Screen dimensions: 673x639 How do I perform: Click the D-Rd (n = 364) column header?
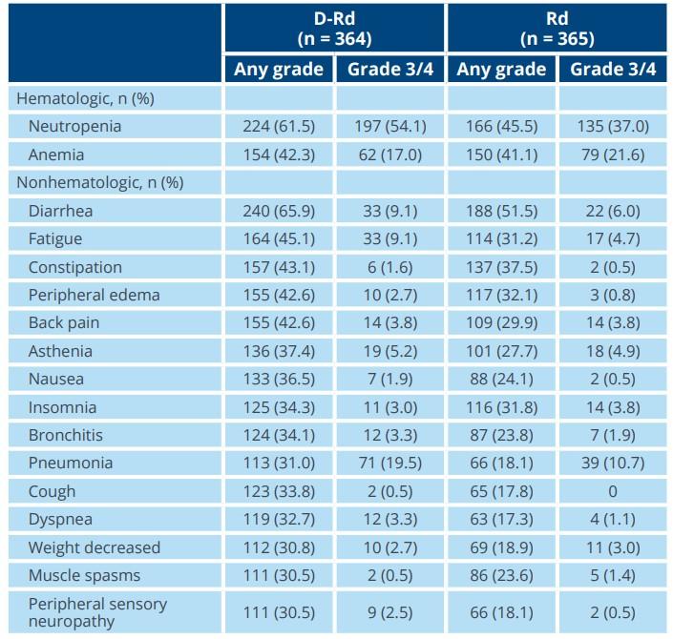click(x=334, y=29)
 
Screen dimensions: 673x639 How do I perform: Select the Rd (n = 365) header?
click(x=557, y=29)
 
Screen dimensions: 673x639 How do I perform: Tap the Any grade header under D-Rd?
click(x=279, y=69)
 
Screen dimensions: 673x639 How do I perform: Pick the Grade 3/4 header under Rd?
click(x=613, y=69)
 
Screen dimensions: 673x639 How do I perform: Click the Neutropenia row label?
click(x=74, y=127)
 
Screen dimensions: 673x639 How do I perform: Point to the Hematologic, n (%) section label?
click(x=85, y=98)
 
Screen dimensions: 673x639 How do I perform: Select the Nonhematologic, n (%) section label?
click(x=100, y=183)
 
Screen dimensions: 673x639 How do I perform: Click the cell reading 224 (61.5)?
click(x=279, y=127)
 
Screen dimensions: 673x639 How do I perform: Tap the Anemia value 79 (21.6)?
click(x=613, y=155)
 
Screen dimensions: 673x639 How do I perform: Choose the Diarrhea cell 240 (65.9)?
click(x=279, y=211)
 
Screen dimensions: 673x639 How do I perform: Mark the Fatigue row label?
click(x=55, y=238)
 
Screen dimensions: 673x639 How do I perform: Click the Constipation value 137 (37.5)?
click(x=501, y=267)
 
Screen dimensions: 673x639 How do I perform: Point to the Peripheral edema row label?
click(x=94, y=295)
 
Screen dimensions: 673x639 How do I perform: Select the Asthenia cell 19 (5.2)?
click(x=389, y=351)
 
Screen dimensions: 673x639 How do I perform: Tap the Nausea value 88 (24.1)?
click(x=501, y=380)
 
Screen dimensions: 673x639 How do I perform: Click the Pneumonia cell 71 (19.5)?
click(x=389, y=464)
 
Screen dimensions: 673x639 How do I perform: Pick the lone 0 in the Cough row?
click(x=613, y=491)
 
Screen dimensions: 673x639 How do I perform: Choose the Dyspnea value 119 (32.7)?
click(x=279, y=520)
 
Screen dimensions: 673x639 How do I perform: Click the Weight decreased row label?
click(x=94, y=547)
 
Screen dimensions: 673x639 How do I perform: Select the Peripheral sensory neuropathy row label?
click(x=97, y=612)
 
